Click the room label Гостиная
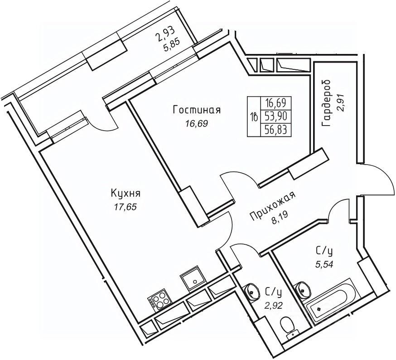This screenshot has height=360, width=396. pos(196,110)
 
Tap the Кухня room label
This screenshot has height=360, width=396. pos(126,194)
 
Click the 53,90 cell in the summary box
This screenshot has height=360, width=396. pos(278,116)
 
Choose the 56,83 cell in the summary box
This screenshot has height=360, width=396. pos(278,130)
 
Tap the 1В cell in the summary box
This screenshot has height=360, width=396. pos(254,117)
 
